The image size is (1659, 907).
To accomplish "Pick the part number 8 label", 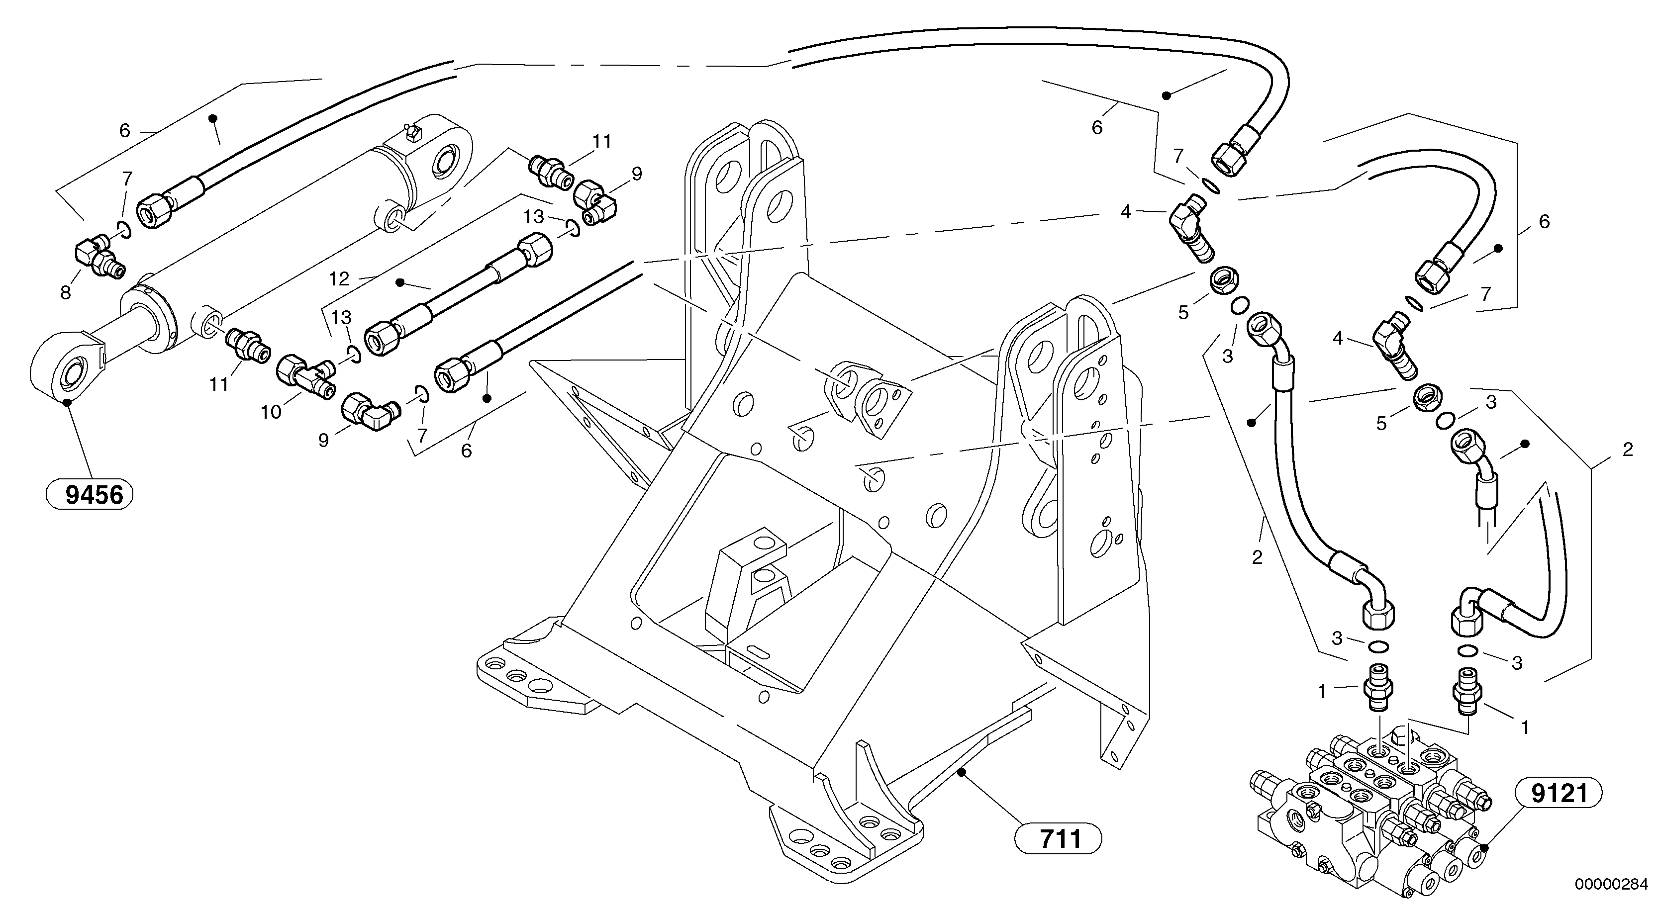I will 65,293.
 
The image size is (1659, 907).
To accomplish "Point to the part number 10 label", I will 271,412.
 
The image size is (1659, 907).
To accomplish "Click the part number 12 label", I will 339,279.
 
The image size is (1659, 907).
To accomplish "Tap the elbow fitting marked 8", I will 98,258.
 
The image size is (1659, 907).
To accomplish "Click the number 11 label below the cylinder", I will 219,384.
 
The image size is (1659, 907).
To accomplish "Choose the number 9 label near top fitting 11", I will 636,174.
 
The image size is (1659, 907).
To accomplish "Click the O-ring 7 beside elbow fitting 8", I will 124,229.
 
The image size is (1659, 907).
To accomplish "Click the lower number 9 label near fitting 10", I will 323,440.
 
